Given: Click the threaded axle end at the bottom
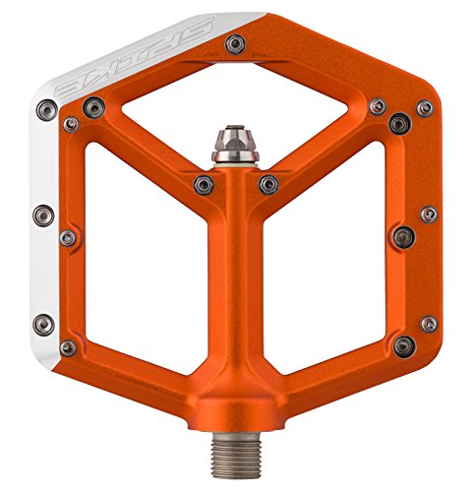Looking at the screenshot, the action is click(237, 454).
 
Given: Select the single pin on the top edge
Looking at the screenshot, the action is click(235, 44).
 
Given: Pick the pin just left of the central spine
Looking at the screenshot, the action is click(204, 185).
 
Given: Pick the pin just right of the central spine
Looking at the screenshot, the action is click(268, 184).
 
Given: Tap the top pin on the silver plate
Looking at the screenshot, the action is click(46, 110).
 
